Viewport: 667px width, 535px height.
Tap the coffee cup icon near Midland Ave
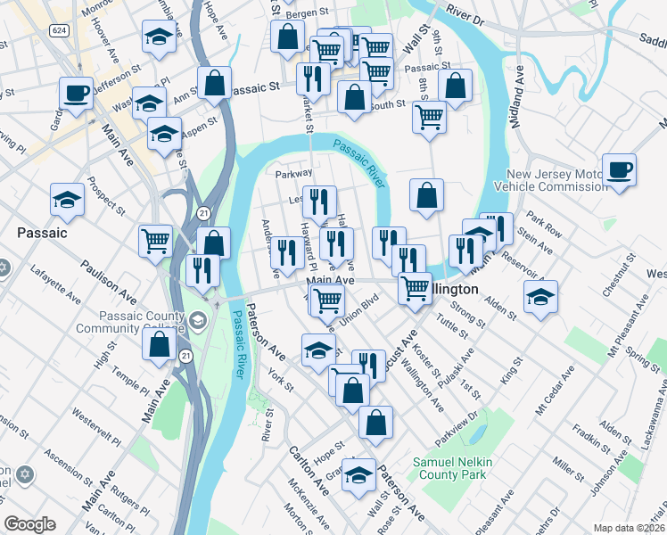(x=619, y=169)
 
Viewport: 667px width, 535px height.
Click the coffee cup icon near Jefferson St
(x=76, y=93)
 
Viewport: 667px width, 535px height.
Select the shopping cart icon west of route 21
(x=155, y=241)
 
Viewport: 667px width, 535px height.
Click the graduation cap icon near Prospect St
(x=67, y=200)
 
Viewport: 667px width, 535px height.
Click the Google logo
(x=29, y=524)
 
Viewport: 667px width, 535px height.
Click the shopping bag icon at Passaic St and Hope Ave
(x=215, y=83)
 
